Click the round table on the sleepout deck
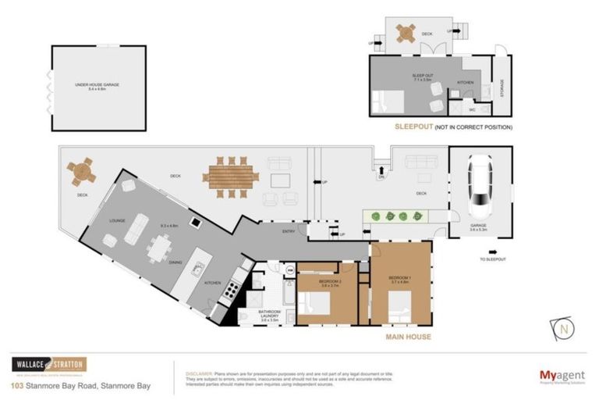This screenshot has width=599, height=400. tap(406, 34)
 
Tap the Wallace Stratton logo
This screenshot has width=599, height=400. tap(48, 365)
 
